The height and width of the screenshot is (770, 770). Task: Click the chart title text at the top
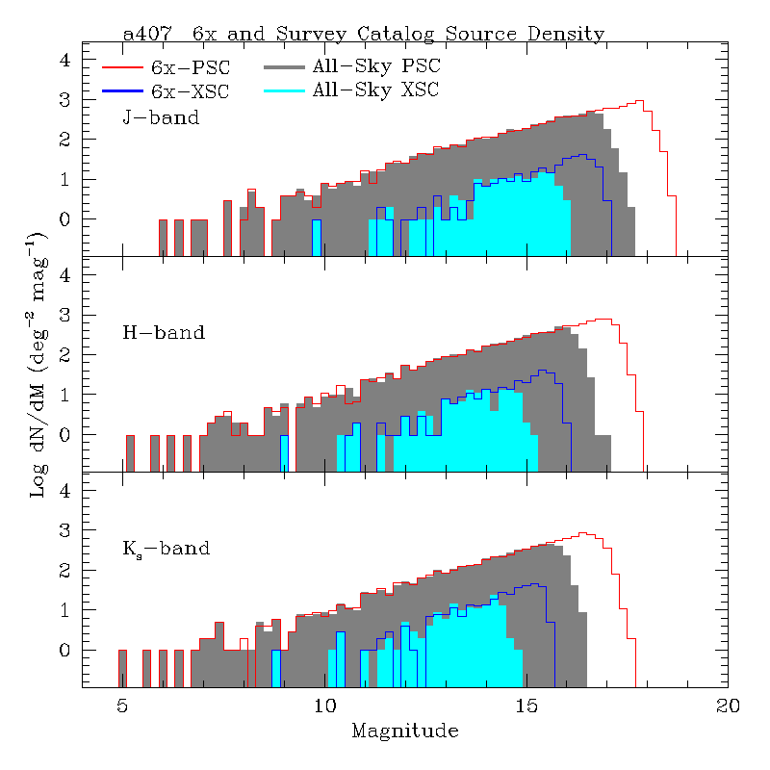click(x=364, y=34)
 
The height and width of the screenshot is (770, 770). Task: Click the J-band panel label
click(x=161, y=118)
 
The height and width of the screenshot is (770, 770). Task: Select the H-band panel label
click(x=164, y=333)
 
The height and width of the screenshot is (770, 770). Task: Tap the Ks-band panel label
click(x=166, y=550)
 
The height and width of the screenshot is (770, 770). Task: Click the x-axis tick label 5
click(x=122, y=706)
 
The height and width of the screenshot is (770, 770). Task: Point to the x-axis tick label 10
click(x=324, y=706)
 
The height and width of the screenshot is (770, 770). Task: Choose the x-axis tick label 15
click(x=526, y=706)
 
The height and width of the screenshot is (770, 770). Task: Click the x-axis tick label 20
click(x=729, y=706)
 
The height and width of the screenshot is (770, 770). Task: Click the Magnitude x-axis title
click(x=404, y=731)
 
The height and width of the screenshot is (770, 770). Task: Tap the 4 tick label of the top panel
click(x=65, y=60)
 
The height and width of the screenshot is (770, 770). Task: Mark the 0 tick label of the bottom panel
click(x=65, y=651)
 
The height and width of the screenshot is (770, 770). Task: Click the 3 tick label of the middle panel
click(x=65, y=316)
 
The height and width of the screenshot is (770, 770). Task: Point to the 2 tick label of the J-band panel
click(x=65, y=140)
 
